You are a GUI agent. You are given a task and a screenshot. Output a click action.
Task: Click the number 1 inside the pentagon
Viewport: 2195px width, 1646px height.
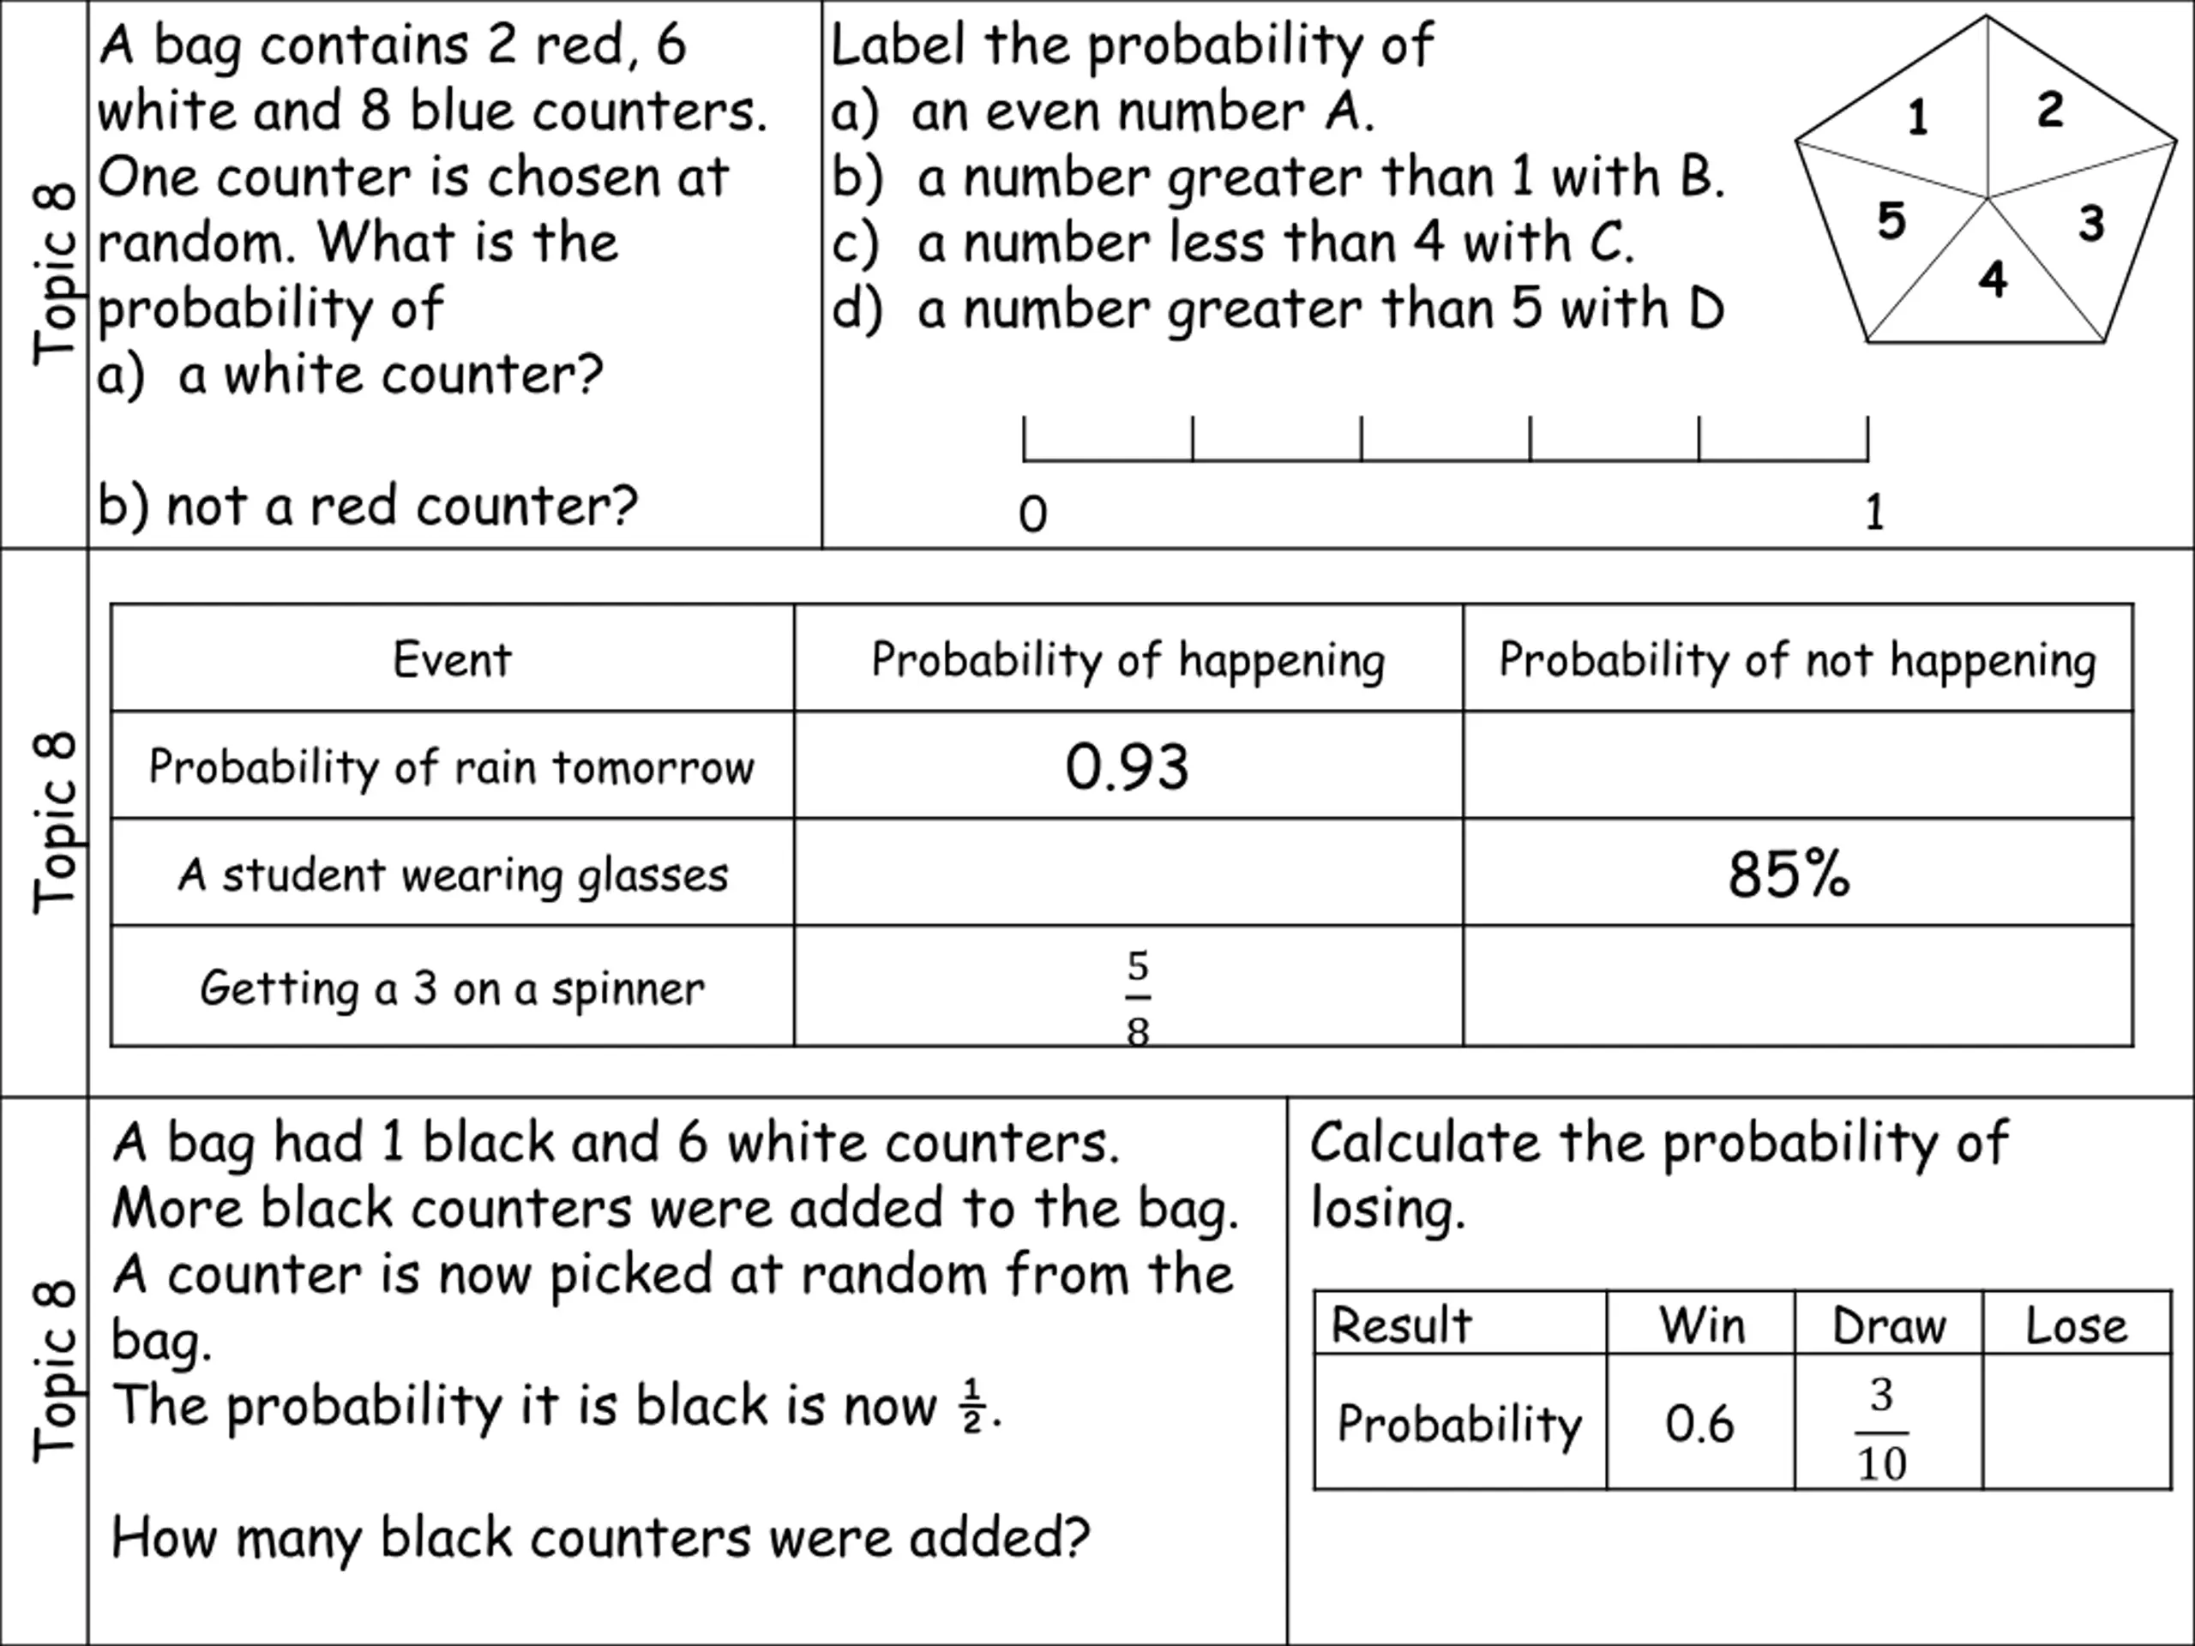(x=1917, y=117)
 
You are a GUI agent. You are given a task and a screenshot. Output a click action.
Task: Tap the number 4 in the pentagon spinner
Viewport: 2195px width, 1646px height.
(x=1993, y=279)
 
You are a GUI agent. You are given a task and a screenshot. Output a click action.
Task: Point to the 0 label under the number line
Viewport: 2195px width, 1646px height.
(x=1032, y=514)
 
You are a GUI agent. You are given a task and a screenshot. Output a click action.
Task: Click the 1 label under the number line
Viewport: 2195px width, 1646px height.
(x=1873, y=512)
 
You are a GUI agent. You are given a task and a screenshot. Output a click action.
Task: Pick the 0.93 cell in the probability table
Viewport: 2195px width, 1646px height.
(x=1127, y=767)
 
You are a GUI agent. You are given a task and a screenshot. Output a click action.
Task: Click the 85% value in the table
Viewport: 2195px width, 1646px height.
(x=1788, y=874)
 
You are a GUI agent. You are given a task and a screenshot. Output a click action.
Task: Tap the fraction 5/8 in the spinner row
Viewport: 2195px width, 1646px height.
(x=1137, y=998)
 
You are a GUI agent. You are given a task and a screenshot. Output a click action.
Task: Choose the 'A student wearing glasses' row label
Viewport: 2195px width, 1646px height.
(x=453, y=875)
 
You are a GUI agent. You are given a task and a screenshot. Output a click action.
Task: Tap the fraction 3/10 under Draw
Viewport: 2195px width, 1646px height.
(x=1881, y=1429)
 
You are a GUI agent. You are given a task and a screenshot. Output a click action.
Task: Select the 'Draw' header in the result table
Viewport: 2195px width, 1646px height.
(x=1888, y=1325)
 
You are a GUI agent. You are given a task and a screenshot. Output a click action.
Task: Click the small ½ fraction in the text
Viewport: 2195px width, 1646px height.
(x=971, y=1407)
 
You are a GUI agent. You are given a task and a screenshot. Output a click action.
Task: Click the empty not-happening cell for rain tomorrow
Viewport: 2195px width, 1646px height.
(x=1796, y=766)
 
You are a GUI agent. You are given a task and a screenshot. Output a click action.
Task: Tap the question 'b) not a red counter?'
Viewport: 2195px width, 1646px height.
(x=367, y=506)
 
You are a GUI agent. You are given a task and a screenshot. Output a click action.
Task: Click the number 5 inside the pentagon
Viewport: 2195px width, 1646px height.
(x=1891, y=220)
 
